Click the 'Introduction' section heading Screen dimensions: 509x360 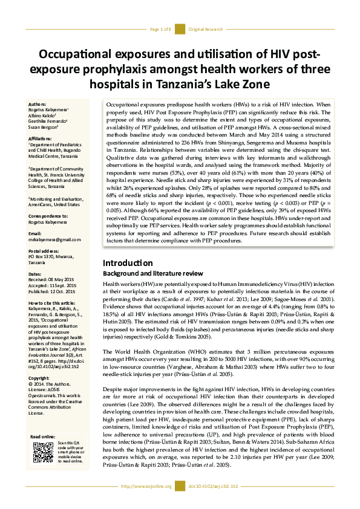[127, 263]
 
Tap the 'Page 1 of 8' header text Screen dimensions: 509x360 [161, 29]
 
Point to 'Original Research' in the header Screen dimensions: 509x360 [205, 29]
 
